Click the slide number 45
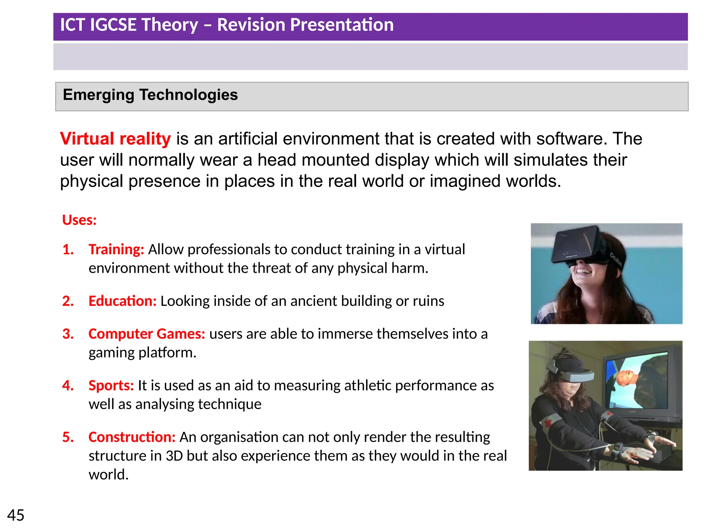[x=16, y=516]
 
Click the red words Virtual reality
[x=115, y=139]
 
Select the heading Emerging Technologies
[x=150, y=95]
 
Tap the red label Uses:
[x=79, y=220]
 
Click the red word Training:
[x=116, y=249]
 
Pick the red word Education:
[x=122, y=301]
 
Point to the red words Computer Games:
[x=147, y=334]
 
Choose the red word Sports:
[x=111, y=385]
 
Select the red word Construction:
[x=132, y=437]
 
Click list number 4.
[x=68, y=385]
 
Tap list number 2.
[x=68, y=301]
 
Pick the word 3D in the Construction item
[x=174, y=456]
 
